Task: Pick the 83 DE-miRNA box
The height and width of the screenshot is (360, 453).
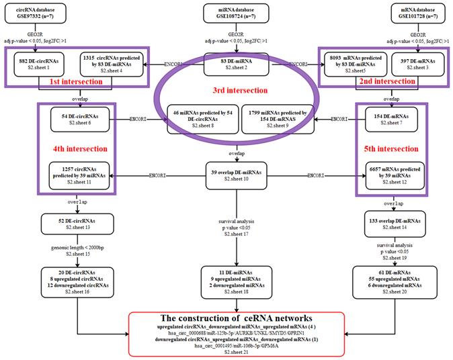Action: coord(226,64)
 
